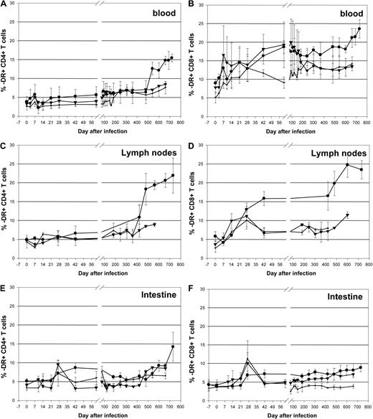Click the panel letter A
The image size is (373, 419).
pyautogui.click(x=4, y=5)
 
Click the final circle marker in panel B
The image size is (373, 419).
pyautogui.click(x=359, y=29)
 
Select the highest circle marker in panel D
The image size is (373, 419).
pyautogui.click(x=346, y=165)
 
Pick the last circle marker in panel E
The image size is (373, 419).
pyautogui.click(x=173, y=347)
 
